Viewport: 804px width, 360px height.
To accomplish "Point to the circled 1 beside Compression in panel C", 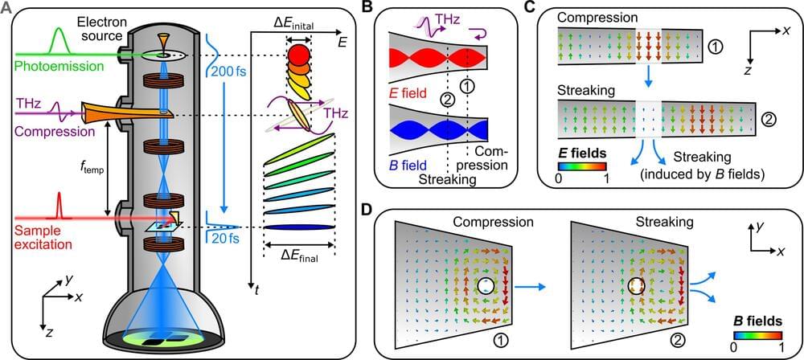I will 716,48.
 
